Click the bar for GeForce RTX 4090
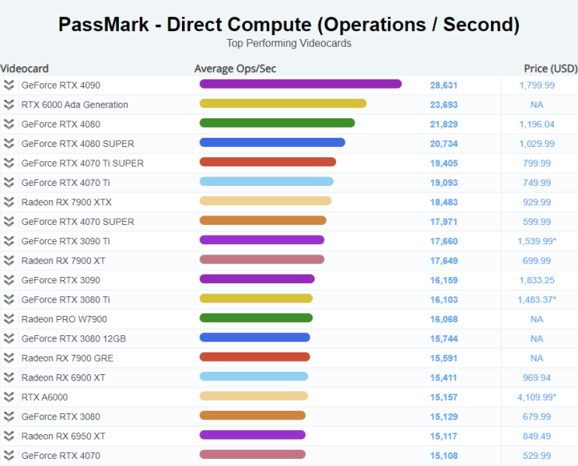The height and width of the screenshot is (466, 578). (x=300, y=84)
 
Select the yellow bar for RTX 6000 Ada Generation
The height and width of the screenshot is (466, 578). (x=283, y=103)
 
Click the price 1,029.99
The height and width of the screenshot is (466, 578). (x=537, y=143)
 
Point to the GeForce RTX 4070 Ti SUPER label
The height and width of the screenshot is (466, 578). (x=82, y=163)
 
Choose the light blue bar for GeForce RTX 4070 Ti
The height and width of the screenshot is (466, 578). (x=266, y=182)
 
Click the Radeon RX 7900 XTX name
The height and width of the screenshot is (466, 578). (x=66, y=201)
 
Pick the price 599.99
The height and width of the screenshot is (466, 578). (x=537, y=221)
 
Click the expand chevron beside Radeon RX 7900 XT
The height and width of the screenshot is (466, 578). (x=9, y=261)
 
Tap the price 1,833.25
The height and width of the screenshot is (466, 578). (x=537, y=280)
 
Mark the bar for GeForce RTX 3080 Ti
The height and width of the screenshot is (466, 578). (x=256, y=299)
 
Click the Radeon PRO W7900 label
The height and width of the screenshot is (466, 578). (x=64, y=319)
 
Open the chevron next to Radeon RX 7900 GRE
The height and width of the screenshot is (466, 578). (x=9, y=358)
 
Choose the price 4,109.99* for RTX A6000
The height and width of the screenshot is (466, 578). (x=538, y=397)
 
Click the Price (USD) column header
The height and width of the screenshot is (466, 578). (x=550, y=68)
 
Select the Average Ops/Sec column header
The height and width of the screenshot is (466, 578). (x=235, y=68)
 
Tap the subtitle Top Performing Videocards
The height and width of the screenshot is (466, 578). (x=289, y=44)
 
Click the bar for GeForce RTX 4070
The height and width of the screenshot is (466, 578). (x=252, y=455)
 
